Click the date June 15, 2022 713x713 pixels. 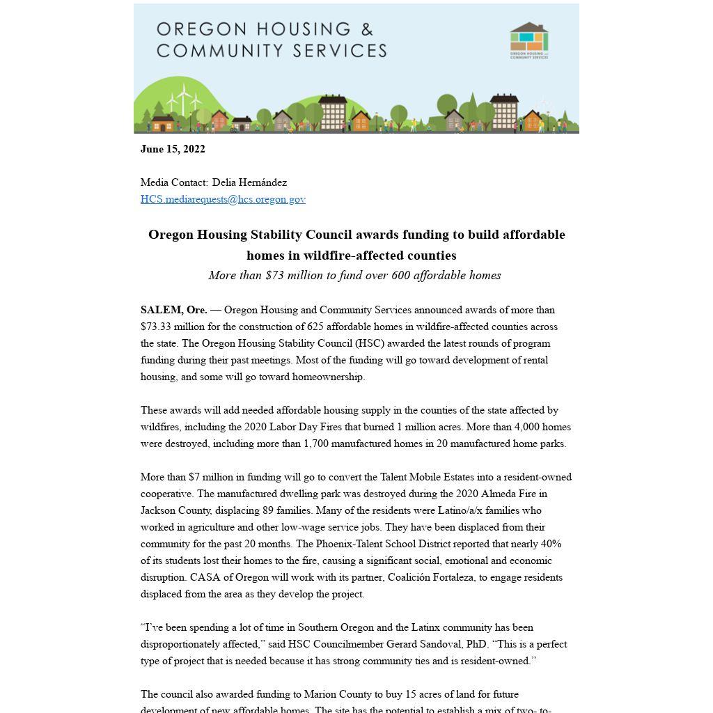(173, 149)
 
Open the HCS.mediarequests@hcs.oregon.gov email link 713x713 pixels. (223, 199)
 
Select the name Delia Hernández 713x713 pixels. (249, 182)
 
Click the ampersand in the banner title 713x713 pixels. (366, 29)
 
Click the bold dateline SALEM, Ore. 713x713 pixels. (173, 310)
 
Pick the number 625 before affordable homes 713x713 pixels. (315, 327)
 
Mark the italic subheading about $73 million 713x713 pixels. (355, 275)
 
